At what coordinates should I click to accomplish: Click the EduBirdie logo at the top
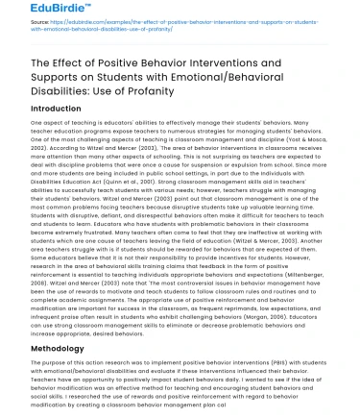[34, 12]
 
